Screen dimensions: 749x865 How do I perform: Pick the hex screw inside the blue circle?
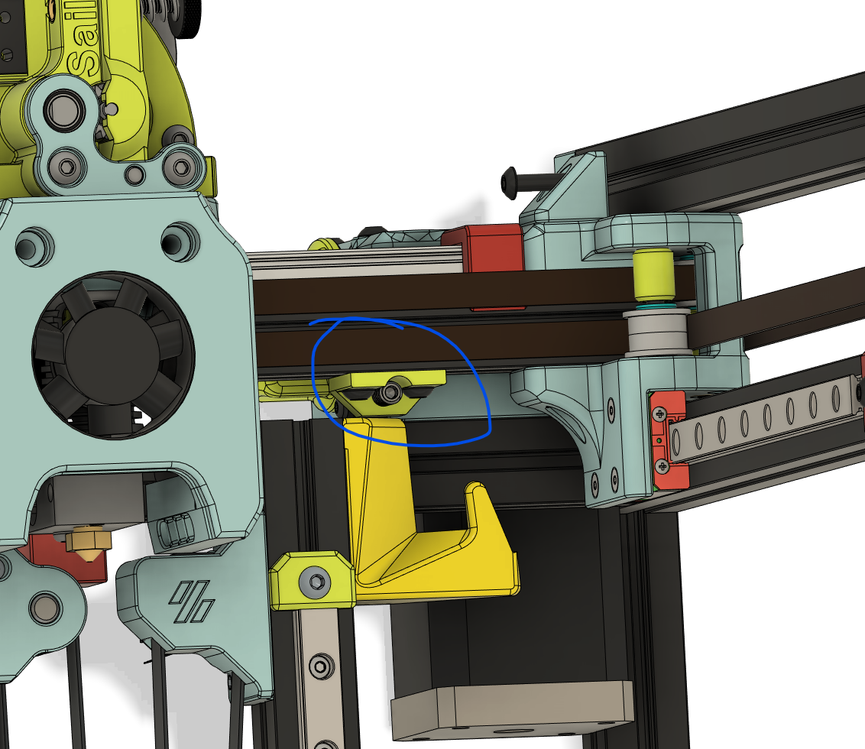coord(392,392)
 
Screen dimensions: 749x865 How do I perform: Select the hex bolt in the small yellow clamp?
coord(314,585)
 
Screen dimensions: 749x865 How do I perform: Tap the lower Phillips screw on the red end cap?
coord(663,465)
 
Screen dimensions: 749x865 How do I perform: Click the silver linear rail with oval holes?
coord(764,417)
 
